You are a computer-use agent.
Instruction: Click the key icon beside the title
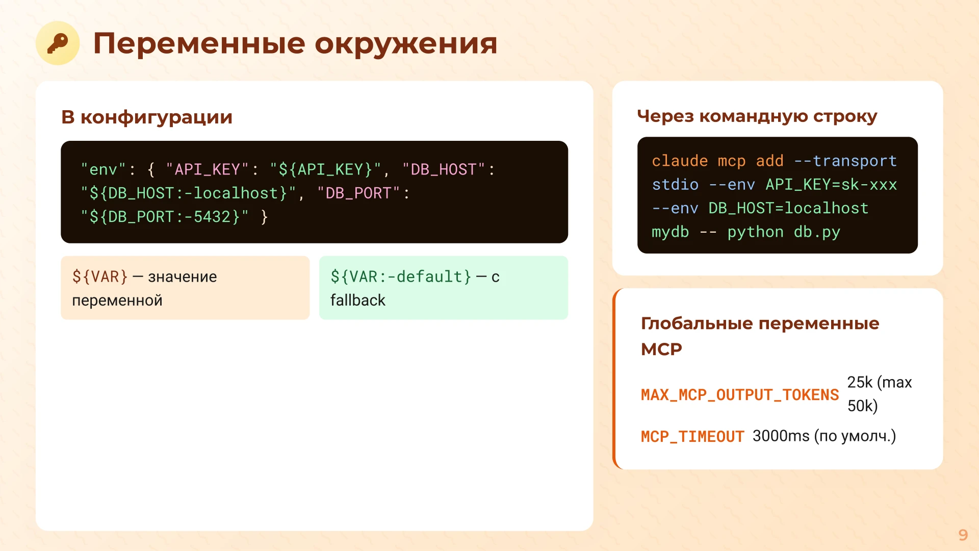(x=58, y=43)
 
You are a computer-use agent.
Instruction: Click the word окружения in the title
(x=405, y=44)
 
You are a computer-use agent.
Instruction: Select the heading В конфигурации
(x=147, y=117)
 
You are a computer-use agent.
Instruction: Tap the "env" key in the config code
(x=104, y=169)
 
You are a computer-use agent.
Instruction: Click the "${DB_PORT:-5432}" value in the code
(x=165, y=217)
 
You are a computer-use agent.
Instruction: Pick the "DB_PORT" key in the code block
(x=358, y=193)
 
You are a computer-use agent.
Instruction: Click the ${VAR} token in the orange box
(x=100, y=277)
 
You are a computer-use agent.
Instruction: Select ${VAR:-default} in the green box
(x=401, y=277)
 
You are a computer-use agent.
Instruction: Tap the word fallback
(x=358, y=300)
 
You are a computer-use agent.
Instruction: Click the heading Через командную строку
(x=757, y=116)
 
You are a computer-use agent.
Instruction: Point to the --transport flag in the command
(x=845, y=161)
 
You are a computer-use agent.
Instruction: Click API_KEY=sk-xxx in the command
(x=831, y=185)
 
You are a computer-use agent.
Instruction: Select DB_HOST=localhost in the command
(x=788, y=208)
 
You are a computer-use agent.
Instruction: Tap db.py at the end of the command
(x=817, y=232)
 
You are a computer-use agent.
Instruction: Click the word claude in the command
(x=680, y=161)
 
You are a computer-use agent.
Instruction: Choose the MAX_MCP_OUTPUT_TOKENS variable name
(x=740, y=395)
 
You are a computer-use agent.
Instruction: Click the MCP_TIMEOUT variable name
(x=692, y=437)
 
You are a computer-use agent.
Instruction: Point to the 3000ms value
(x=781, y=436)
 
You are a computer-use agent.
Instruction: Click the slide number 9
(x=963, y=535)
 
